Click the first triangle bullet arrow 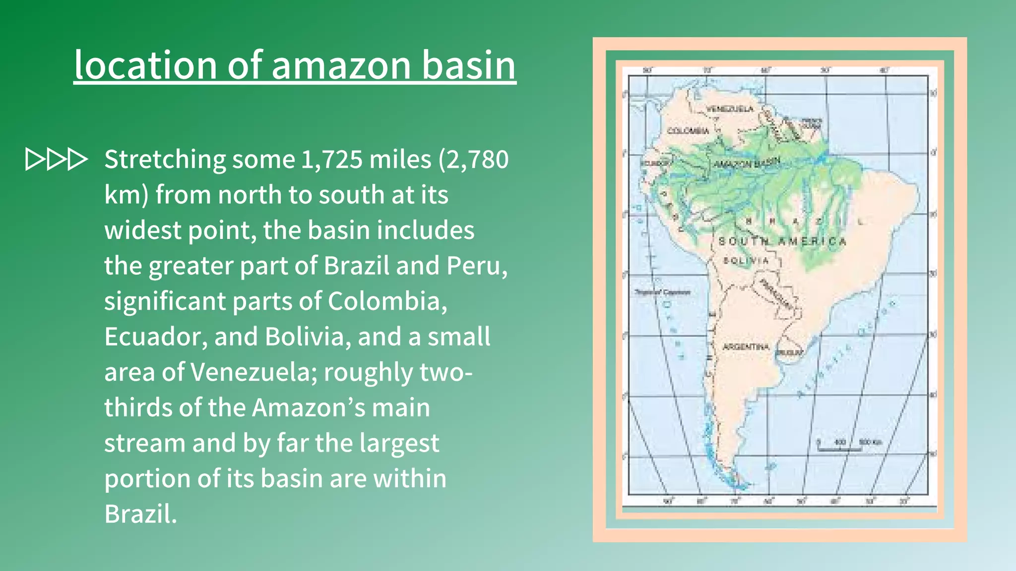(34, 159)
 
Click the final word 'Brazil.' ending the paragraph (140, 514)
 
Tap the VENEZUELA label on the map (729, 109)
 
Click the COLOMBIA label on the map (688, 131)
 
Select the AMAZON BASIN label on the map (747, 163)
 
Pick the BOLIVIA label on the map (746, 261)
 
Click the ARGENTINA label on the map (746, 347)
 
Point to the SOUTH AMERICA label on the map (782, 241)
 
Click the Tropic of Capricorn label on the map (662, 292)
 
